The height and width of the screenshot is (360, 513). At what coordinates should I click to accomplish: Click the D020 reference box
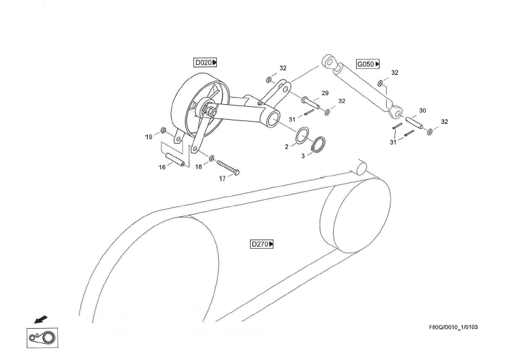pos(205,62)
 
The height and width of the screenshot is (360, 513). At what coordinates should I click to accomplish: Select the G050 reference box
pos(368,64)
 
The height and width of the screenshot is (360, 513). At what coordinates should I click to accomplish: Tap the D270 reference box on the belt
pos(262,244)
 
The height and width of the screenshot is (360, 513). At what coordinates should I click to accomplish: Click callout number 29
pos(325,93)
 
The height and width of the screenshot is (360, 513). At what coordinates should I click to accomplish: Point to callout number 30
pos(422,111)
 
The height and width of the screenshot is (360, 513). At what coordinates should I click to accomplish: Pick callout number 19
pos(148,137)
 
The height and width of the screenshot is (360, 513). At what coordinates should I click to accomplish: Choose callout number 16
pos(161,167)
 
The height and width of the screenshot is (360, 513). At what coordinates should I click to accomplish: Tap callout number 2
pos(286,147)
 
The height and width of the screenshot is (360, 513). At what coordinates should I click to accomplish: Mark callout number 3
pos(302,156)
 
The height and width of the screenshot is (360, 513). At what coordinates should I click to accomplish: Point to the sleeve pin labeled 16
pos(175,159)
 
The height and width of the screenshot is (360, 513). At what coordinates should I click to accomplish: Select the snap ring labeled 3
pos(318,145)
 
